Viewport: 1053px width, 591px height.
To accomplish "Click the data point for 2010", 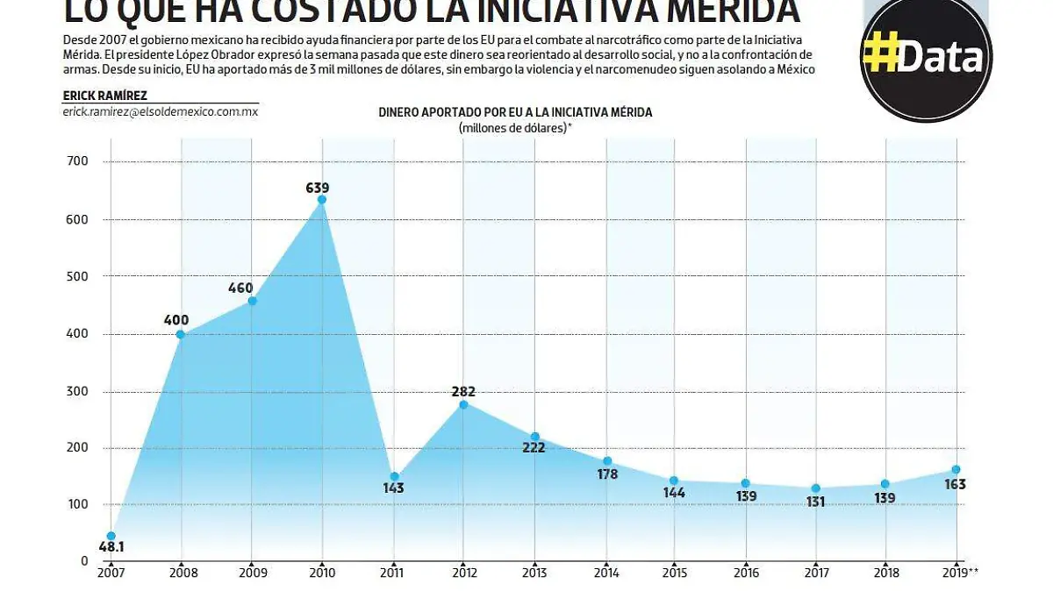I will point(322,200).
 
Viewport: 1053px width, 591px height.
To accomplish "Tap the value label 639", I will point(317,187).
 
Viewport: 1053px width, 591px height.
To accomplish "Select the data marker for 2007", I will point(111,536).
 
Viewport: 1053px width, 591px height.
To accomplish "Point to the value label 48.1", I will point(111,548).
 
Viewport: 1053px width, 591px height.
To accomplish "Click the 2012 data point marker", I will point(464,404).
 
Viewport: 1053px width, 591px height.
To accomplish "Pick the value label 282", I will point(463,391).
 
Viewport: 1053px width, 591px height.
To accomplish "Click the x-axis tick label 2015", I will point(674,573).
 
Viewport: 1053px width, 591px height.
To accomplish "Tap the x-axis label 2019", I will point(955,573).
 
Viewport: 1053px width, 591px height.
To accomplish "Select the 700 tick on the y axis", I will point(77,161).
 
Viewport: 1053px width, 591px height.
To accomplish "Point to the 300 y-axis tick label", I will point(77,391).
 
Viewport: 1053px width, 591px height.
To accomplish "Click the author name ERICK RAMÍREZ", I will point(104,96).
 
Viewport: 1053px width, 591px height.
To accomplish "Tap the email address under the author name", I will point(160,112).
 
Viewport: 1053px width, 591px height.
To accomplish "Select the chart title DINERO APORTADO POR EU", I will point(515,112).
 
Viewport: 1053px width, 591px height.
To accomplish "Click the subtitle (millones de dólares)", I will point(515,128).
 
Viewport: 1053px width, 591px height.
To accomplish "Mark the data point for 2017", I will point(816,488).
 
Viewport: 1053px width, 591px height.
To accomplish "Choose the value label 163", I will point(955,484).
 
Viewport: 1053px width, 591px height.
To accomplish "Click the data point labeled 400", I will point(181,334).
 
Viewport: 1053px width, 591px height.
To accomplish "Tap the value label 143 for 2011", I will point(393,488).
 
